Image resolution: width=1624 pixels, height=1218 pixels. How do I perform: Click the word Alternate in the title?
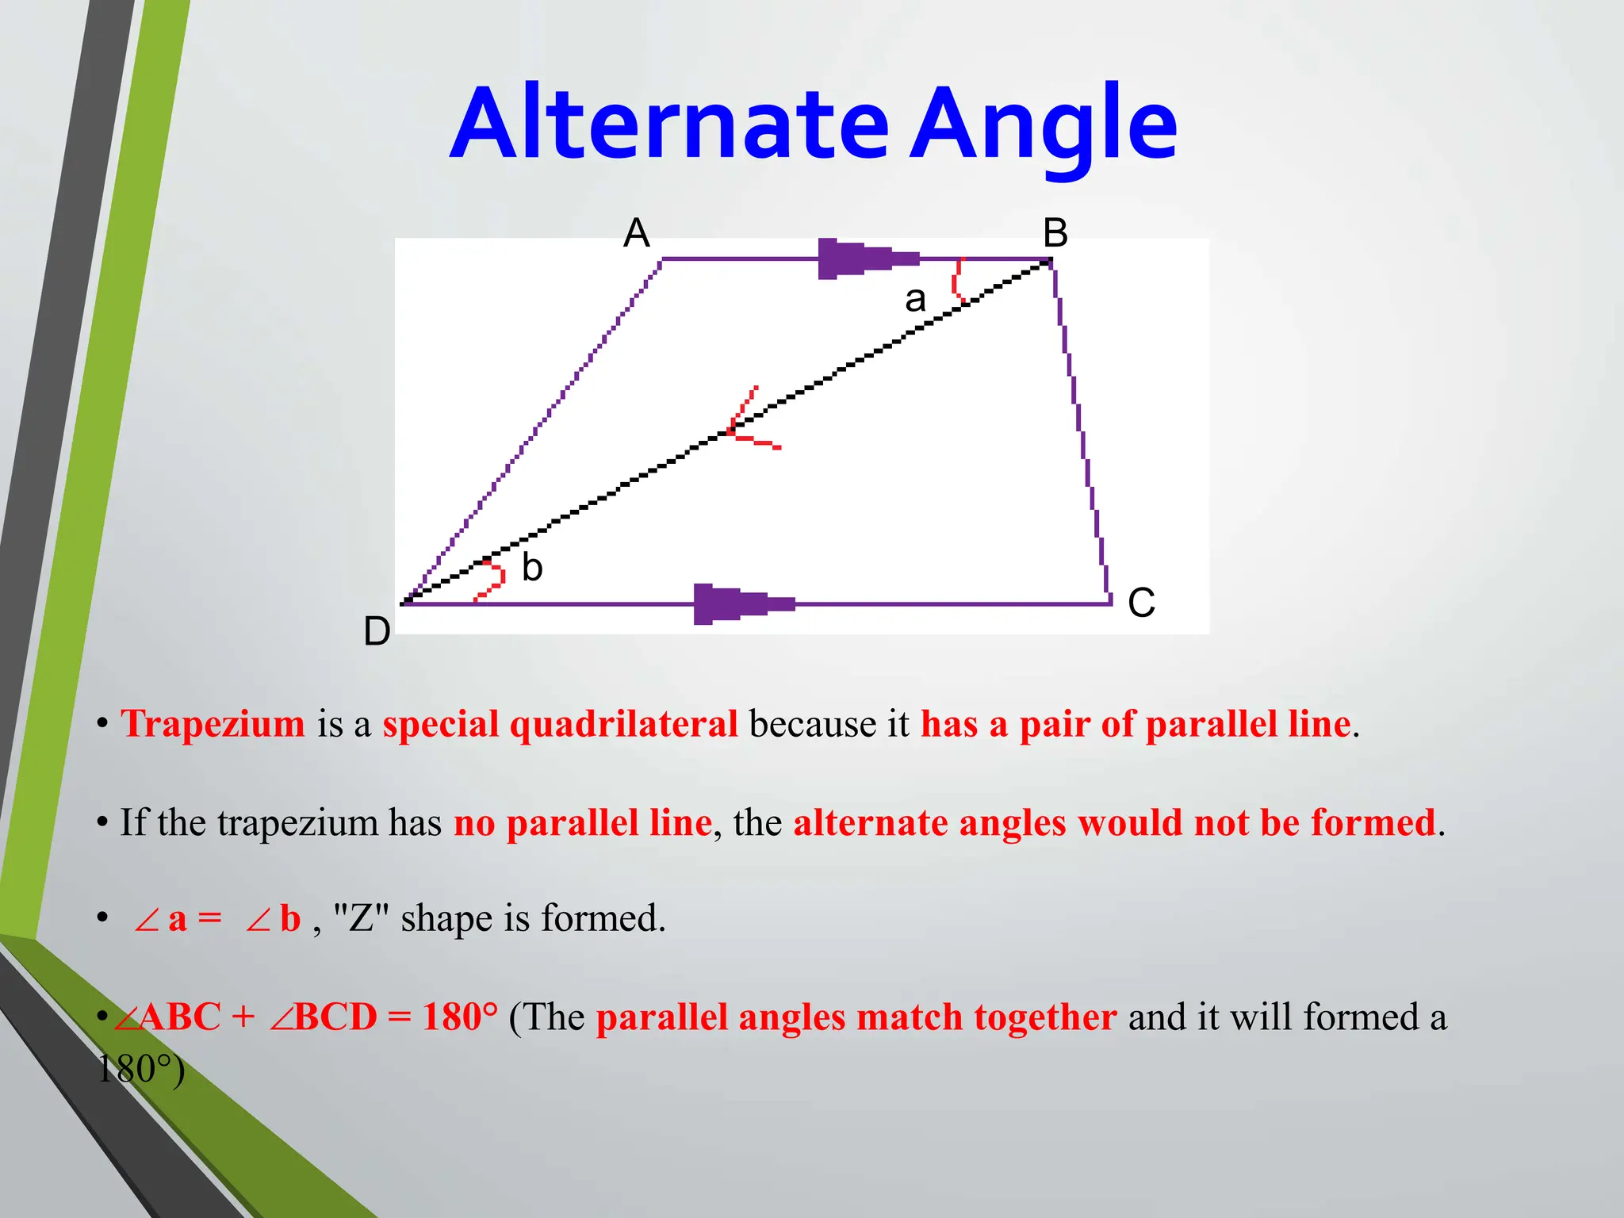pyautogui.click(x=668, y=124)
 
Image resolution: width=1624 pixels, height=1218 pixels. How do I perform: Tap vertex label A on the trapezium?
pyautogui.click(x=637, y=233)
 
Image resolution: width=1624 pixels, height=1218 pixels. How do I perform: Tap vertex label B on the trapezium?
pyautogui.click(x=1055, y=233)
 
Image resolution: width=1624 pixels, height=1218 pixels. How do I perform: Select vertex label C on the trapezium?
pyautogui.click(x=1141, y=603)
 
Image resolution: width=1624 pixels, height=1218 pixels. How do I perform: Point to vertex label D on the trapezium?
pyautogui.click(x=377, y=632)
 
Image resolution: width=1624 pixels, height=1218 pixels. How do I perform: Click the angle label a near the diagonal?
pyautogui.click(x=915, y=300)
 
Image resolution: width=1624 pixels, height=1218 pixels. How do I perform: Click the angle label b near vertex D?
pyautogui.click(x=532, y=568)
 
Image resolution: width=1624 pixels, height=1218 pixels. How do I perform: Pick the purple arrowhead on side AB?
pyautogui.click(x=864, y=259)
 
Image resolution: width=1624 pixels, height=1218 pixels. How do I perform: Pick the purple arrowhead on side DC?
pyautogui.click(x=741, y=604)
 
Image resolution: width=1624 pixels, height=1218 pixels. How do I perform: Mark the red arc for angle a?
pyautogui.click(x=958, y=279)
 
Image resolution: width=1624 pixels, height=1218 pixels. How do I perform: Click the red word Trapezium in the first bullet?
pyautogui.click(x=213, y=724)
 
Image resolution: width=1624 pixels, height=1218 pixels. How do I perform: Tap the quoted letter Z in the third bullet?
pyautogui.click(x=361, y=918)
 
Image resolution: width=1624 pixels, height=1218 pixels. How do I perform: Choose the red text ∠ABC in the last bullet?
pyautogui.click(x=168, y=1017)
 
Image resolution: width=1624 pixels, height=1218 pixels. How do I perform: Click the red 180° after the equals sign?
pyautogui.click(x=460, y=1017)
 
